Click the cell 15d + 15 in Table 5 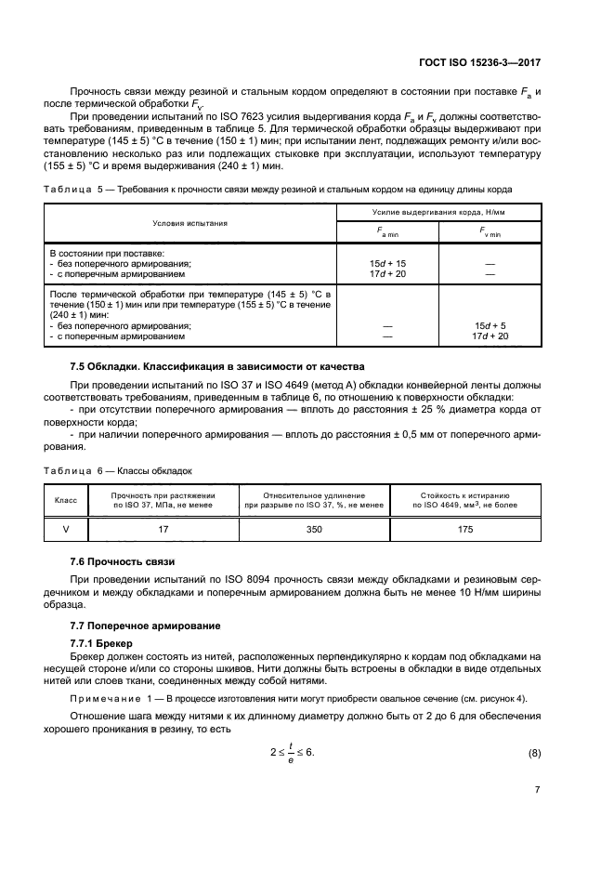387,263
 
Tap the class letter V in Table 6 65,529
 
